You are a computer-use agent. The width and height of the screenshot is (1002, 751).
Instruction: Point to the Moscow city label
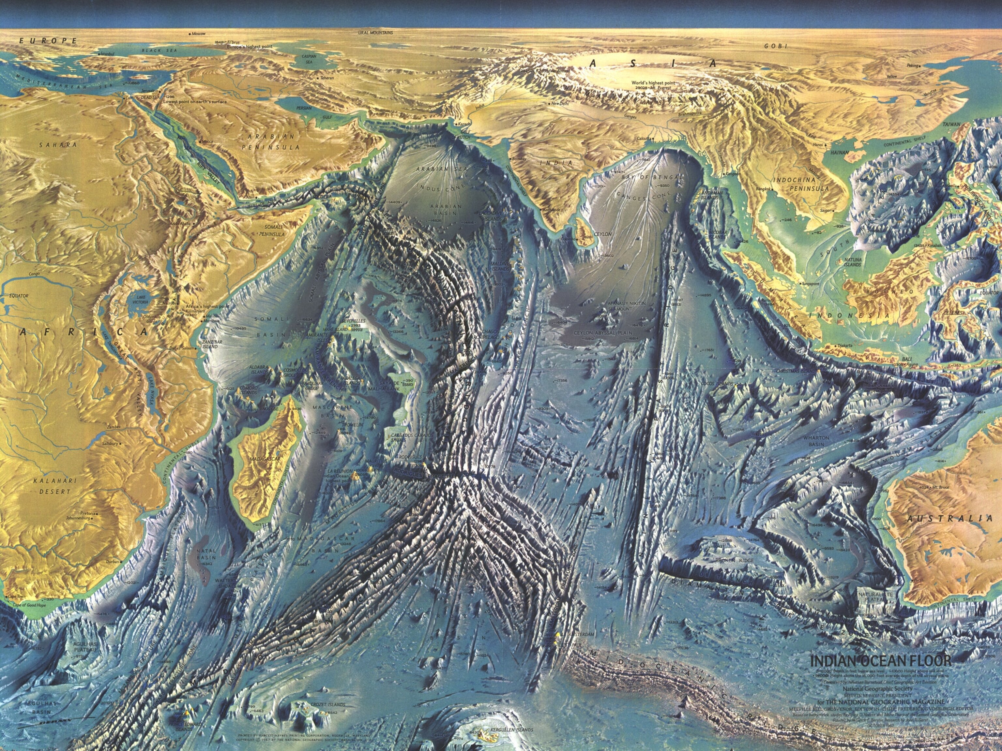198,34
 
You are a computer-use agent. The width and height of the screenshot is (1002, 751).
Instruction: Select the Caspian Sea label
308,59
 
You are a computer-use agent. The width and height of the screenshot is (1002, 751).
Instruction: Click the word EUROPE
48,41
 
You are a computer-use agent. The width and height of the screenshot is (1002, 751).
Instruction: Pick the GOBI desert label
776,46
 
